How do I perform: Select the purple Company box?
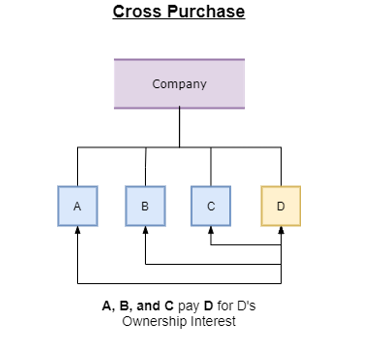tap(179, 84)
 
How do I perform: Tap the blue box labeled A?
tap(77, 206)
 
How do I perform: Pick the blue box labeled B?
tap(145, 206)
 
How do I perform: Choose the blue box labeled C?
tap(211, 206)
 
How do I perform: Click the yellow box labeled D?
tap(281, 206)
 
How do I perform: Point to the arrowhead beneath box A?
tap(77, 230)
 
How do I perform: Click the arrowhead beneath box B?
tap(145, 230)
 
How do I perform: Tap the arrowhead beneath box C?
tap(211, 230)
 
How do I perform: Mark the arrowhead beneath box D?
tap(281, 230)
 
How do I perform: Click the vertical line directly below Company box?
tap(179, 127)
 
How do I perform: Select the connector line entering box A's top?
tap(77, 167)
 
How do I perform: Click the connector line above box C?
tap(211, 167)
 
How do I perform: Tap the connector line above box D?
tap(281, 167)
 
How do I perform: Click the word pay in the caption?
tap(188, 306)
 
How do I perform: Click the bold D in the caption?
tap(208, 306)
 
